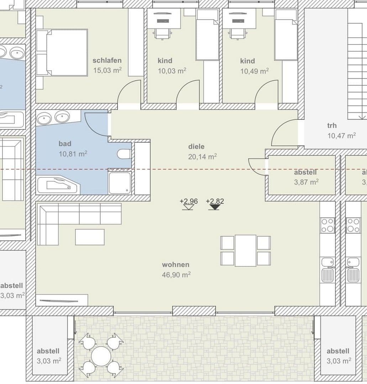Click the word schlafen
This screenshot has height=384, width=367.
pyautogui.click(x=107, y=60)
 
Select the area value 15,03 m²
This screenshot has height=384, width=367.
pyautogui.click(x=107, y=70)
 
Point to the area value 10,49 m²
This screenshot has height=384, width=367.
pyautogui.click(x=254, y=71)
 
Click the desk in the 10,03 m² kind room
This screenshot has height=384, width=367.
pyautogui.click(x=163, y=18)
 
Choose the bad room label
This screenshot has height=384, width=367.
pyautogui.click(x=65, y=144)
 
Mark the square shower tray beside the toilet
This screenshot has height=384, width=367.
pyautogui.click(x=120, y=183)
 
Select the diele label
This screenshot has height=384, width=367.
pyautogui.click(x=196, y=146)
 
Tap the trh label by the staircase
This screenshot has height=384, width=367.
pyautogui.click(x=332, y=126)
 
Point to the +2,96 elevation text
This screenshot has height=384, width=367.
pyautogui.click(x=188, y=201)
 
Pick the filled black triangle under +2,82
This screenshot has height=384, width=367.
pyautogui.click(x=214, y=207)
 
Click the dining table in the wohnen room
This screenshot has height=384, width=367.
pyautogui.click(x=245, y=250)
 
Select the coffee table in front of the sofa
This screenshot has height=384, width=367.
pyautogui.click(x=90, y=237)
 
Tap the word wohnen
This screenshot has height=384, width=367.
pyautogui.click(x=175, y=265)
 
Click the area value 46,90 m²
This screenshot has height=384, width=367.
pyautogui.click(x=176, y=275)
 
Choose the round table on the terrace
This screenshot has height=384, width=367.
pyautogui.click(x=101, y=356)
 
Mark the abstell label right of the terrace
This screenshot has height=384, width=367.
pyautogui.click(x=338, y=351)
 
